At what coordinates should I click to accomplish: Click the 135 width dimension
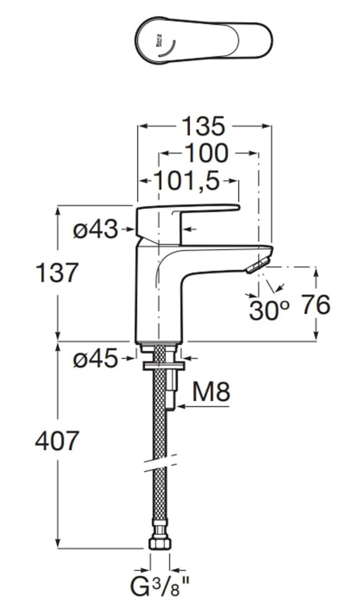pos(203,126)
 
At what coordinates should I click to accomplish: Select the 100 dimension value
pos(207,153)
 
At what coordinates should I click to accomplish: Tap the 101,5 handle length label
pos(187,181)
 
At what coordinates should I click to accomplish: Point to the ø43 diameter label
pos(95,229)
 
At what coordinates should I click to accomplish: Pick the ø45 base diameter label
pos(95,358)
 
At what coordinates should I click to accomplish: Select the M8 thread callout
pos(211,392)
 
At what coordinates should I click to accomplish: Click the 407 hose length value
pos(57,441)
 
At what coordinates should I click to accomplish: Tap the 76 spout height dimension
pos(316,305)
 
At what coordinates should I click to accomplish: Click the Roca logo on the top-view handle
pos(158,40)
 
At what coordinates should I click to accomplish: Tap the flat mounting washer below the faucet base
pos(164,366)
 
